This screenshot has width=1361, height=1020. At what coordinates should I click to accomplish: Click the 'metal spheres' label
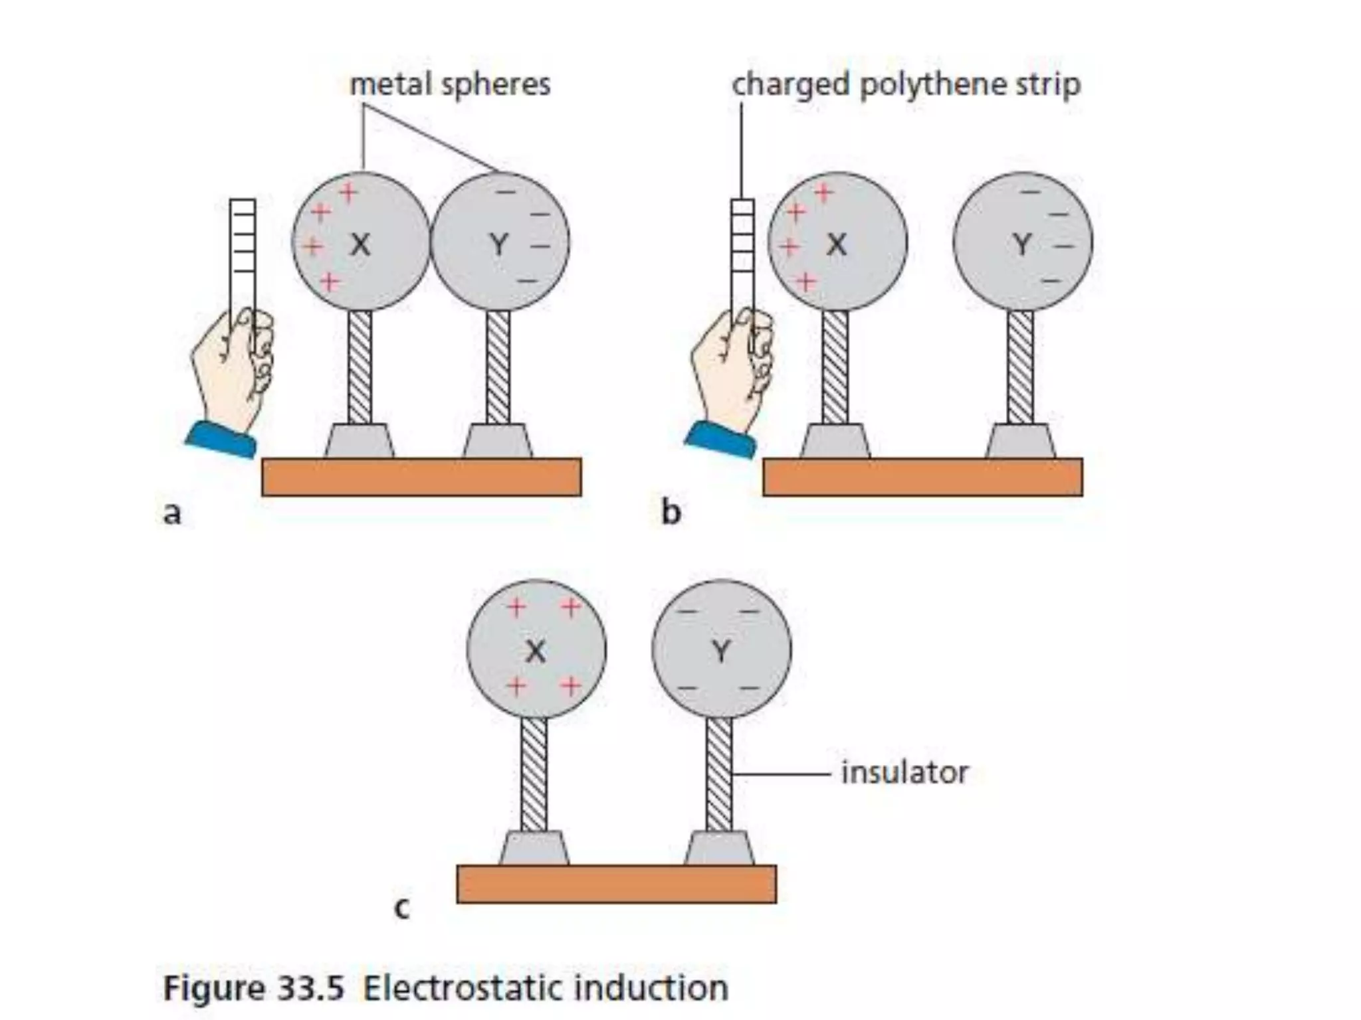(450, 85)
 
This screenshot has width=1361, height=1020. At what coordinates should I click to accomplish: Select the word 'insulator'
(904, 773)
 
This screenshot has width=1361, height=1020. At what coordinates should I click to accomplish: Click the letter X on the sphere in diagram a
(360, 245)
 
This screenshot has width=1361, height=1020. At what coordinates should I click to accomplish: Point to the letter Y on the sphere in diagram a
(499, 245)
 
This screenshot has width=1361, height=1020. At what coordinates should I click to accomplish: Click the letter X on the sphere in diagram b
(836, 245)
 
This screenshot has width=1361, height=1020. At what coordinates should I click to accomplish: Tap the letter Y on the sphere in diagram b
(1022, 245)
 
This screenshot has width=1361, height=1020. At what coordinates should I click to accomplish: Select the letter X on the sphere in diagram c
(536, 651)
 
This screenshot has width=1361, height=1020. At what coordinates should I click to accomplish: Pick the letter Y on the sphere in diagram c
(721, 651)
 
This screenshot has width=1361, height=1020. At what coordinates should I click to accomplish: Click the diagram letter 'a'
(172, 513)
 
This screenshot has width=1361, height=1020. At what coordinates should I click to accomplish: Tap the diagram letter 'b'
(671, 512)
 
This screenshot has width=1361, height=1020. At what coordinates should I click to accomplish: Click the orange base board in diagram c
(616, 884)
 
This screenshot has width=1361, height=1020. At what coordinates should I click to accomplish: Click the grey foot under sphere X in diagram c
(534, 849)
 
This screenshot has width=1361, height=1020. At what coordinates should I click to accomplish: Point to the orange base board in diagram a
(421, 477)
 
